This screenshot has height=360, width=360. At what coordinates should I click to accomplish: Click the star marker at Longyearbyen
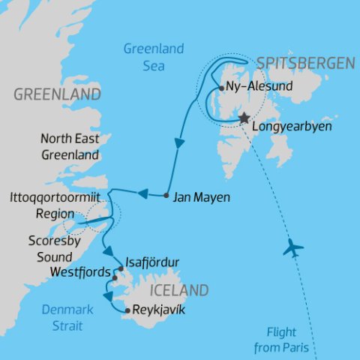[x=244, y=118]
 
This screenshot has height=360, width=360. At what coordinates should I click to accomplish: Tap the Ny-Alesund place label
[x=256, y=87]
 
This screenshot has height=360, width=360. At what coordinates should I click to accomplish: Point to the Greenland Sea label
[x=154, y=57]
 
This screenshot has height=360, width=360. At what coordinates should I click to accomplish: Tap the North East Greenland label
[x=70, y=148]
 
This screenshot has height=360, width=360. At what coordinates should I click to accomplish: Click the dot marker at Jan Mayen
[x=165, y=196]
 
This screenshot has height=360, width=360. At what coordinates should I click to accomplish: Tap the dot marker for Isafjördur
[x=119, y=266]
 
